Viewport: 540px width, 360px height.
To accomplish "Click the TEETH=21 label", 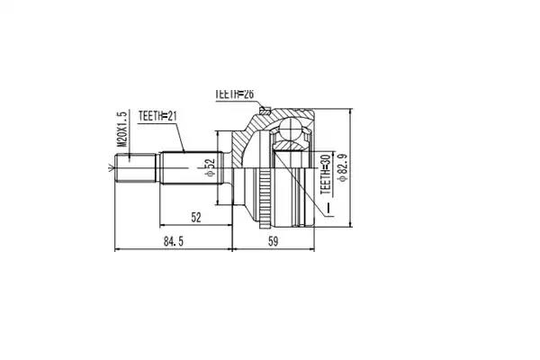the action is (x=157, y=116).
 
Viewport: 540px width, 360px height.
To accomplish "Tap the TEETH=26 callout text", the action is (x=235, y=94).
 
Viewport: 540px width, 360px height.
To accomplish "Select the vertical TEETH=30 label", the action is (x=326, y=175).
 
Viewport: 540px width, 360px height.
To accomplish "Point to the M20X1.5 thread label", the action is (x=121, y=129).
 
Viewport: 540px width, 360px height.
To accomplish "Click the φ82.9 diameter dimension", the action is (x=343, y=167).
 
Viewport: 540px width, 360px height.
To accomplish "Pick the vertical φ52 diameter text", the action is (x=210, y=167).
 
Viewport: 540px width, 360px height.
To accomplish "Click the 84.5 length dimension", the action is (x=173, y=241).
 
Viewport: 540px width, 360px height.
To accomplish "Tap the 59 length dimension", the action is (x=273, y=241).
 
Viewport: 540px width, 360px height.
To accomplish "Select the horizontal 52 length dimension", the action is (x=195, y=218).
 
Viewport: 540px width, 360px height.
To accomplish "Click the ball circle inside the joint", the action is (x=292, y=130).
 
